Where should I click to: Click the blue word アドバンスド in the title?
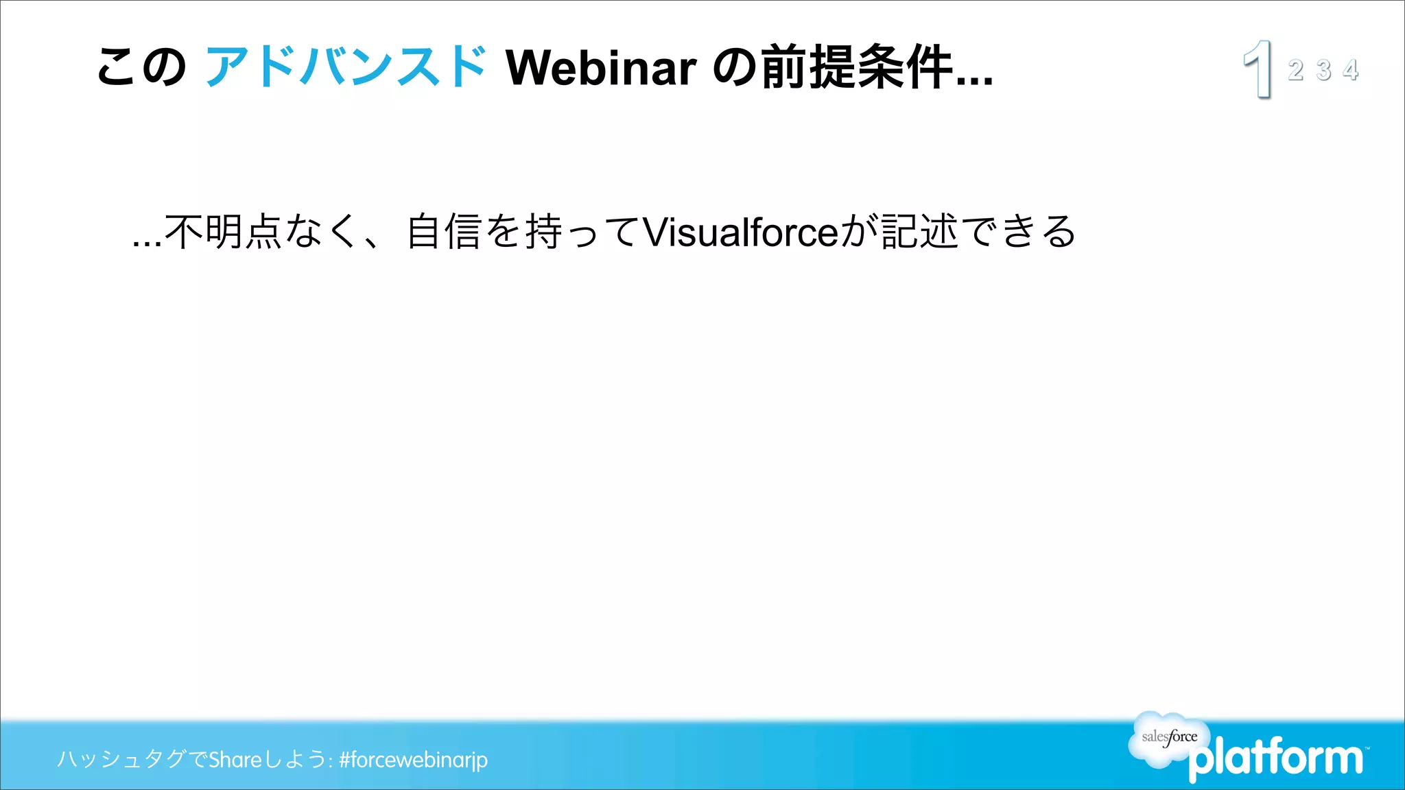(346, 67)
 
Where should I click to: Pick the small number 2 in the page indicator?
(1295, 70)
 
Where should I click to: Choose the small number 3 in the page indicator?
(1323, 70)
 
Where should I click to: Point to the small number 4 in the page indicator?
(1351, 70)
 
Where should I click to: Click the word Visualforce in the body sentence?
(741, 232)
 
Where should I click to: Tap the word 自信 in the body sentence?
(444, 232)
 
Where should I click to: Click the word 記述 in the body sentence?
(919, 232)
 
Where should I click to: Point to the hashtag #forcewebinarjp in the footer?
(413, 760)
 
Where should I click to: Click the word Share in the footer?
(235, 760)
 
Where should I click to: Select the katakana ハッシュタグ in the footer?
(121, 760)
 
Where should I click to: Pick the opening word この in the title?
(141, 67)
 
